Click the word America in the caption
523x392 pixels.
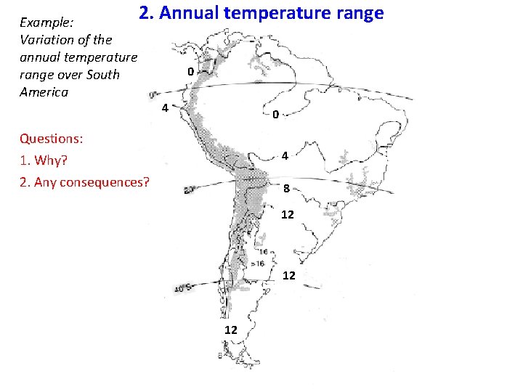44,92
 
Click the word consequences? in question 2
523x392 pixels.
105,181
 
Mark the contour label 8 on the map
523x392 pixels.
287,189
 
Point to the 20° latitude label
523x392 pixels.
190,189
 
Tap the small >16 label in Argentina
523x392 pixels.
256,264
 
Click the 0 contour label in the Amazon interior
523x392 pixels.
275,115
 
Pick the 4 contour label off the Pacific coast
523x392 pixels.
166,109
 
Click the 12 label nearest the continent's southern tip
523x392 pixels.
230,330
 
